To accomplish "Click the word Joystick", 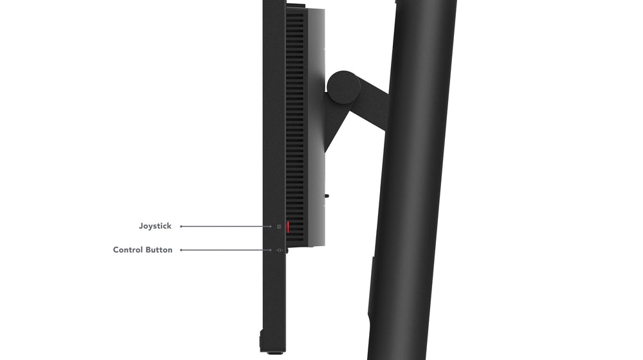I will tap(155, 226).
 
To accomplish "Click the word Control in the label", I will tap(129, 250).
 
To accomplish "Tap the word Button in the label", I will tap(159, 250).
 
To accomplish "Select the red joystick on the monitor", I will tap(288, 227).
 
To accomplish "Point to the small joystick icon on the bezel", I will tap(279, 226).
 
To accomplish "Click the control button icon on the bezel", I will tap(280, 250).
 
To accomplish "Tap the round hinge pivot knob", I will tap(343, 87).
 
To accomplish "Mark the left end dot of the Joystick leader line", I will tap(181, 226).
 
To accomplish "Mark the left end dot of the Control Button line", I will tap(181, 250).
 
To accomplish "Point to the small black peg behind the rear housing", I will tap(327, 195).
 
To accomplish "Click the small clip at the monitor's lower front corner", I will tap(261, 340).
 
